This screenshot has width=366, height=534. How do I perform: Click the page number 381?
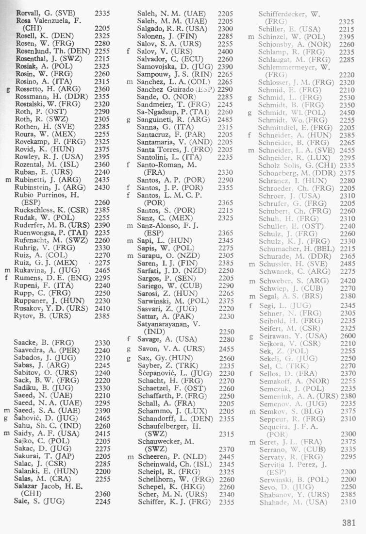click(349, 523)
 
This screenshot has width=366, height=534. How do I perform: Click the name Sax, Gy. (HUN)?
click(165, 359)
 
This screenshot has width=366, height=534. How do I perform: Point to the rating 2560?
click(226, 359)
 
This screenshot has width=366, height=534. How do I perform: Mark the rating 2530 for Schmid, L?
click(346, 97)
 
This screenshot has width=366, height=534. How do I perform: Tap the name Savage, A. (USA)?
click(164, 339)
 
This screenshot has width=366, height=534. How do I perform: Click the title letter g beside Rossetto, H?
click(8, 90)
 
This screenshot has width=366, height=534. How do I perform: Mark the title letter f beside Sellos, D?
click(251, 373)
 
